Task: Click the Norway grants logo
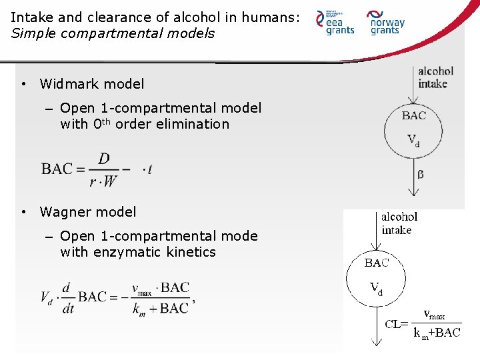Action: pos(387,22)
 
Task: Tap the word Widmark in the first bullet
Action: pos(68,84)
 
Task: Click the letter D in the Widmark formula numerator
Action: pos(104,158)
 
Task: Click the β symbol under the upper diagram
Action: pos(420,175)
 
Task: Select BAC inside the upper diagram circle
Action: pos(413,115)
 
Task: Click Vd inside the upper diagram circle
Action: pos(413,140)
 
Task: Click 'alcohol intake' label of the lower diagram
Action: pos(399,223)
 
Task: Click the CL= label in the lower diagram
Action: pos(397,325)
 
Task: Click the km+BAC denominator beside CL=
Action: pos(437,333)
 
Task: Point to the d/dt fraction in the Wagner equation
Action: pos(66,297)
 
